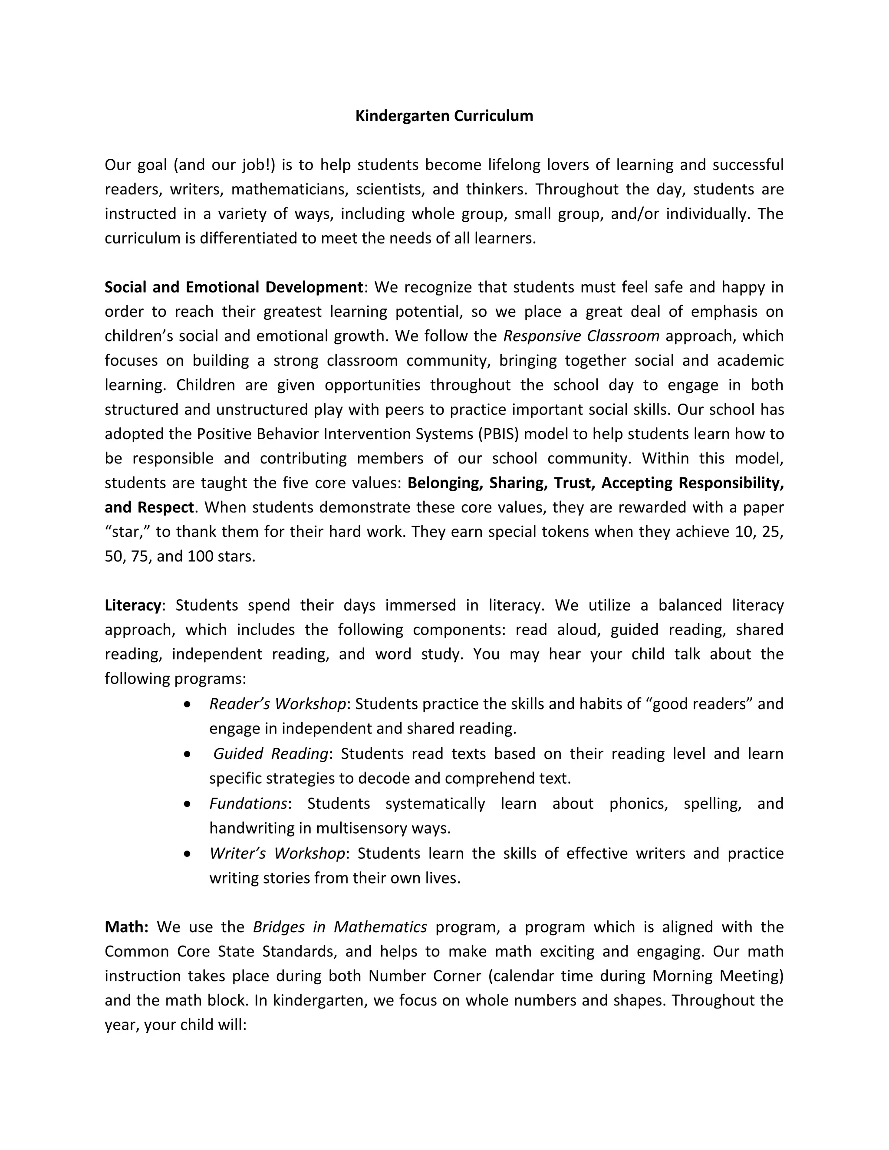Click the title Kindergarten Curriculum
(x=444, y=116)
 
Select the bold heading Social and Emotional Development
(x=233, y=287)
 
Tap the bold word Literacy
(x=133, y=605)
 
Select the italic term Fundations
(x=248, y=804)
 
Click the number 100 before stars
(x=200, y=557)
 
